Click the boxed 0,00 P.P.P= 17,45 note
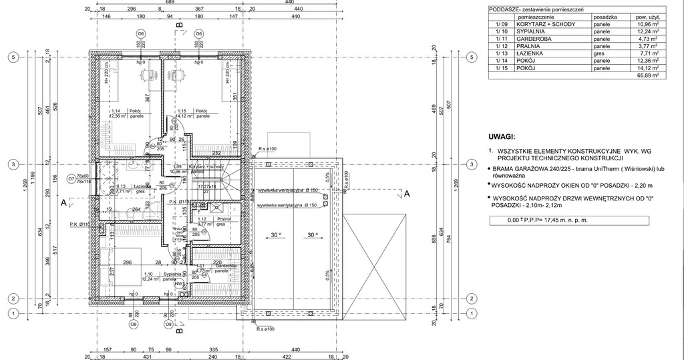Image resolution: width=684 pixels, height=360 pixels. [547, 220]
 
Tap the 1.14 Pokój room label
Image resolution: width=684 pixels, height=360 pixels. [125, 112]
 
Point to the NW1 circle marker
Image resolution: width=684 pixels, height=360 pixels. [178, 283]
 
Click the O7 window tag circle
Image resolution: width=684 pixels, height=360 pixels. [71, 179]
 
